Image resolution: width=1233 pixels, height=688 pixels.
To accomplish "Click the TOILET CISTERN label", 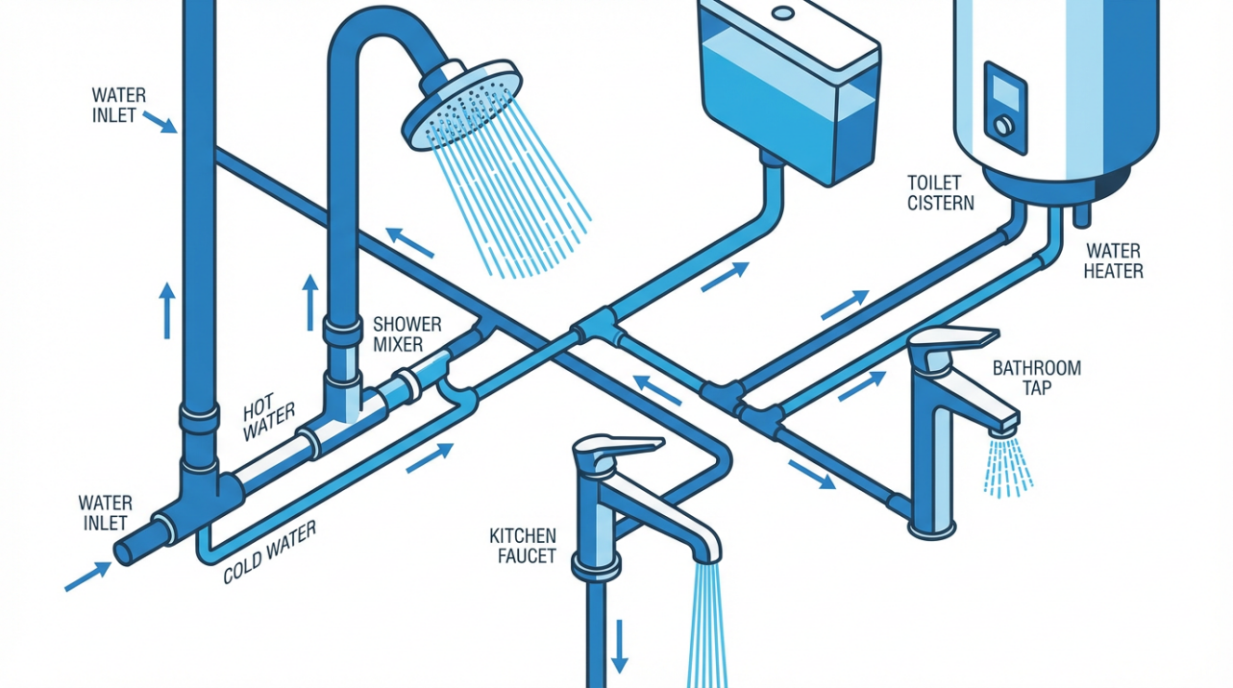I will pyautogui.click(x=940, y=192).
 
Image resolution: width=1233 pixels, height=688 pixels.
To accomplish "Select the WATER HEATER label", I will pyautogui.click(x=1113, y=260).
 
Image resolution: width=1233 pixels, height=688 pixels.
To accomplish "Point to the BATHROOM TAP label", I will pyautogui.click(x=1036, y=377).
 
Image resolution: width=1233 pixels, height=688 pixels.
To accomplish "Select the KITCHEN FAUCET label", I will pyautogui.click(x=523, y=545).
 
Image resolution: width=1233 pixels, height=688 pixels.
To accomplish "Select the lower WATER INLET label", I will pyautogui.click(x=105, y=512).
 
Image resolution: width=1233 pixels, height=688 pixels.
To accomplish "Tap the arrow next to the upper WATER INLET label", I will pyautogui.click(x=159, y=122).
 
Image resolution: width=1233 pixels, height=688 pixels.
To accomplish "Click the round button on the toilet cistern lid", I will pyautogui.click(x=783, y=13).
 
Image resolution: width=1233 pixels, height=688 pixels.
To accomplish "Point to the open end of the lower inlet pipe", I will pyautogui.click(x=126, y=551).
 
